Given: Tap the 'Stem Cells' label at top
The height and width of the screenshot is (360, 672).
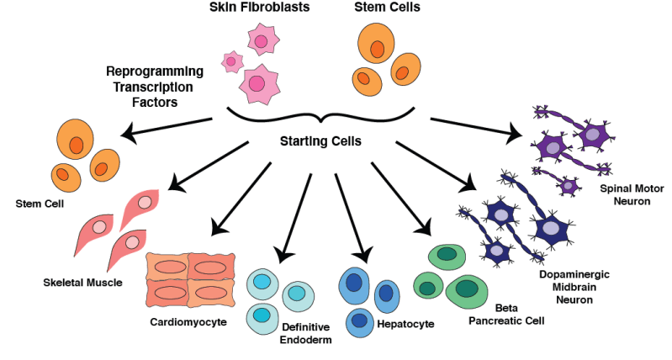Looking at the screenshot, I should [388, 8].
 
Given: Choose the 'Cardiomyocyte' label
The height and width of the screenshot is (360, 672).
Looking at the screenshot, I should [188, 321].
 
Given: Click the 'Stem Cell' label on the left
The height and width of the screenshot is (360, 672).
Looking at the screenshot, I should [40, 203].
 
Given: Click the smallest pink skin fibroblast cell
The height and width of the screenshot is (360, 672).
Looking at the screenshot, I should [232, 61].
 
